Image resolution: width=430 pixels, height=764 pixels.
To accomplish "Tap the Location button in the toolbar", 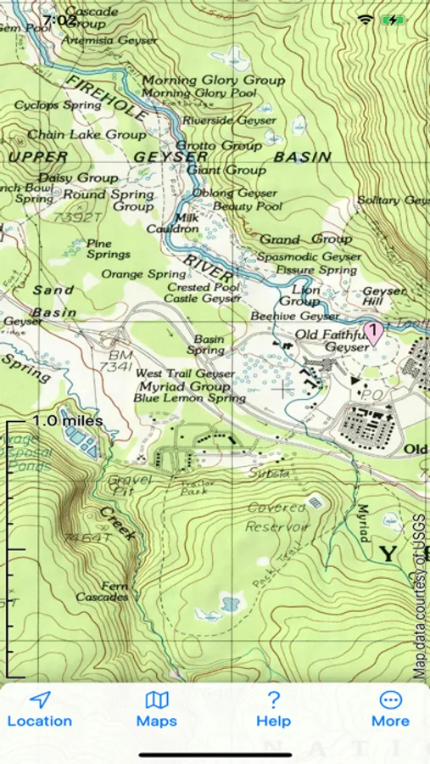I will (x=39, y=710).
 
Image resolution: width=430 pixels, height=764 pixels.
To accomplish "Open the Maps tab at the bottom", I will (x=157, y=710).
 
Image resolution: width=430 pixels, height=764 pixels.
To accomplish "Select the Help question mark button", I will (x=273, y=710).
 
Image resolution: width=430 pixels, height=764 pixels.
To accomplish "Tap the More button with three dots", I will (x=390, y=710).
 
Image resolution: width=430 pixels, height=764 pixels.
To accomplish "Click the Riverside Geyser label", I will (x=229, y=121).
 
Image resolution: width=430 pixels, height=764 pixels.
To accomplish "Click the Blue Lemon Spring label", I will (x=190, y=397).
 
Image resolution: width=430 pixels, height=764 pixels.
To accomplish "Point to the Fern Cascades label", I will (x=102, y=591).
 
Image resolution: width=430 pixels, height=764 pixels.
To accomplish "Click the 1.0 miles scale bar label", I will (x=68, y=421).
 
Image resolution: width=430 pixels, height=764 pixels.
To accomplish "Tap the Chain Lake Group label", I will (x=87, y=134).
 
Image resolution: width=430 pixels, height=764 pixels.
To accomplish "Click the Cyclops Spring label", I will (x=58, y=105).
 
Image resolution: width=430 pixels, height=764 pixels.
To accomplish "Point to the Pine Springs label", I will (x=109, y=249).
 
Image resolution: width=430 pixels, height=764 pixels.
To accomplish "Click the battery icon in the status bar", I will (x=393, y=19).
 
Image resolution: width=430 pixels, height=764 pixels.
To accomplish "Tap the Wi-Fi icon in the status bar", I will (x=366, y=19).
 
